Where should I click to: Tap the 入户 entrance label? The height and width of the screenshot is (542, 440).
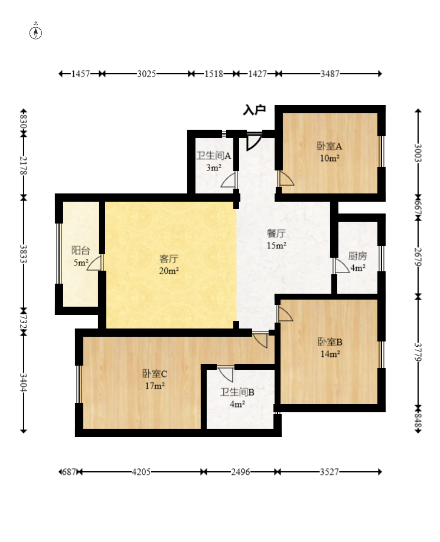pos(255,110)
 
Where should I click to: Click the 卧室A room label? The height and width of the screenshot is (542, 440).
pos(330,146)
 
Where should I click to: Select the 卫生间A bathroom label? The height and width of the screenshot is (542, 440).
pos(214,156)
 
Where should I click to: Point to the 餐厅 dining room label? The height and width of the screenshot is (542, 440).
pos(276,234)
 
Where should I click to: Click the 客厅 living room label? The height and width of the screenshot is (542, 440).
pos(168,258)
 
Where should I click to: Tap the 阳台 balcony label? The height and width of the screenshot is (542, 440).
pos(81,250)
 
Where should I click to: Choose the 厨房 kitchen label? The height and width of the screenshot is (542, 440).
pos(357,256)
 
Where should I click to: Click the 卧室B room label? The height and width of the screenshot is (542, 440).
pos(330,342)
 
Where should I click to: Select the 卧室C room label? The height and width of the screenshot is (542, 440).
pos(155,374)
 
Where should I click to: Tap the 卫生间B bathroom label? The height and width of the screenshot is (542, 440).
pos(237,392)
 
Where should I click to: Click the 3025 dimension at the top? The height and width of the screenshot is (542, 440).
pos(146,74)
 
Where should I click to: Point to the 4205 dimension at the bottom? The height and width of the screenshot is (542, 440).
pos(141,472)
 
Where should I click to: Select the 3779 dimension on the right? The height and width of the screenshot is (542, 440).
pos(418,352)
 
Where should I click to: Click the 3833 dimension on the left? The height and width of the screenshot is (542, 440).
pos(24,254)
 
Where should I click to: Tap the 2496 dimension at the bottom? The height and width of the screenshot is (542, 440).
pos(240,472)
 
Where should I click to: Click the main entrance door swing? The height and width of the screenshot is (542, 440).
pos(253,142)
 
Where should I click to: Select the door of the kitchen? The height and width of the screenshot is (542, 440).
pos(341,265)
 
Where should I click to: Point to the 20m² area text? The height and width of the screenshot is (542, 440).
pos(169,271)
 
